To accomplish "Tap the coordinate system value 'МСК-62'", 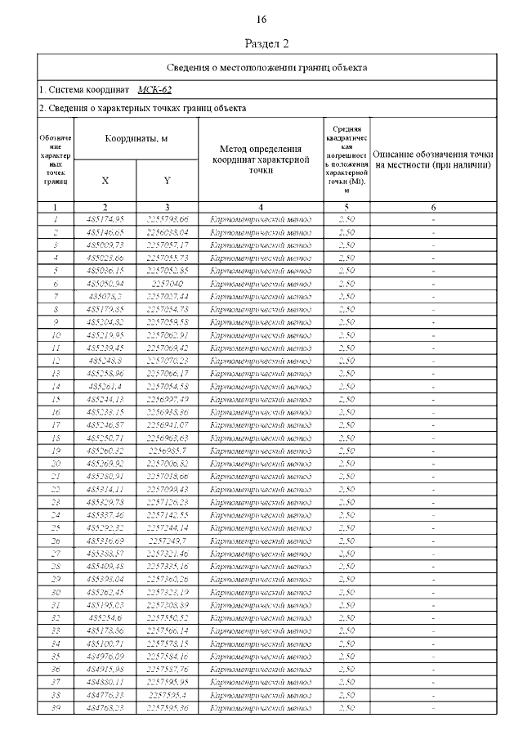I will coord(154,90).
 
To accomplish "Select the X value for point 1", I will coord(105,219).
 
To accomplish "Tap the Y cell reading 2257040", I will coord(168,283).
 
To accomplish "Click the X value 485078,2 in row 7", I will coord(105,296).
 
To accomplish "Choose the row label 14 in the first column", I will coord(56,386).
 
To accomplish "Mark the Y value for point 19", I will coord(168,450).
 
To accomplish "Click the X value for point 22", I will coord(105,489).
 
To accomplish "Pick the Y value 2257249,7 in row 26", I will coord(168,540).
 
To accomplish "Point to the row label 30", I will coord(56,592).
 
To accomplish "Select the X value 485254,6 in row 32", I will coord(105,617).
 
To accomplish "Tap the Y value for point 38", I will coord(168,694).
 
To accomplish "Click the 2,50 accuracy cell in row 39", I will coord(346,707).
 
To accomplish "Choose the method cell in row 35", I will coord(261,656).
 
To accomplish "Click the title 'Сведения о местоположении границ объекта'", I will coord(267,67).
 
